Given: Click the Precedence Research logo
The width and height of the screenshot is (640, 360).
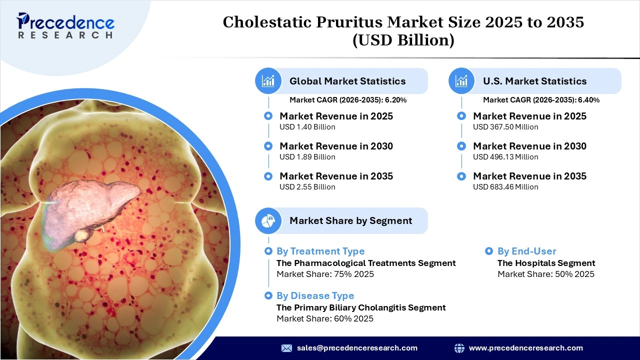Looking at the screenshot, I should coord(65,25).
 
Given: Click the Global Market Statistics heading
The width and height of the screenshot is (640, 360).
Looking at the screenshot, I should coord(347,81).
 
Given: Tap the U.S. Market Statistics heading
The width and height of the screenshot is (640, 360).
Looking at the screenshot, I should coord(534,81).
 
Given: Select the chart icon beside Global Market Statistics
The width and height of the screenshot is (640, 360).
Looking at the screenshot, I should coord(268,81).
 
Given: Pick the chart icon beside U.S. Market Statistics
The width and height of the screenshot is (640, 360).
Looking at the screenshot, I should coord(461,81).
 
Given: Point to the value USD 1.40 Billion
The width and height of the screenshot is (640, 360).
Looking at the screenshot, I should coord(307,127).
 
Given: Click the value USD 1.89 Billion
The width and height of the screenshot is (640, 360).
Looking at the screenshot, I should coord(307,157).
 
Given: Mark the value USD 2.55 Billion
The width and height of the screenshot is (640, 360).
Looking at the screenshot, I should coord(307,187).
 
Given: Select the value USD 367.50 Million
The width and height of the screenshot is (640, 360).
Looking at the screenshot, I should coord(505,127).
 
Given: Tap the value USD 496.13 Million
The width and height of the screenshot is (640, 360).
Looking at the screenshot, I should coord(505,157).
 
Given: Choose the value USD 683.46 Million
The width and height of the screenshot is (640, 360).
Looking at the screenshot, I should coord(505,187).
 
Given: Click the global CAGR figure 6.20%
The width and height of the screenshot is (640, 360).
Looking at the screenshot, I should coord(395,100).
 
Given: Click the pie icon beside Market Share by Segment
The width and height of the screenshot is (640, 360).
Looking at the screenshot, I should coord(268,220).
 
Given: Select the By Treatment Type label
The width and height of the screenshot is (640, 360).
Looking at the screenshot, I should coord(320,251).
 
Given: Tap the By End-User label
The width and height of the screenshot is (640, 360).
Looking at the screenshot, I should coord(526,251).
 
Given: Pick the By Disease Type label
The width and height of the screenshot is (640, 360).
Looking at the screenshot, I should coord(315,296).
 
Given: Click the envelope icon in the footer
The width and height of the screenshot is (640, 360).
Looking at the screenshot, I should coord(286,348).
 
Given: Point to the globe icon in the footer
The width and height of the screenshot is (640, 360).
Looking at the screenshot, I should coord(459,348).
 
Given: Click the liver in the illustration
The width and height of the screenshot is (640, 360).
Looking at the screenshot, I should coord(90,210).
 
